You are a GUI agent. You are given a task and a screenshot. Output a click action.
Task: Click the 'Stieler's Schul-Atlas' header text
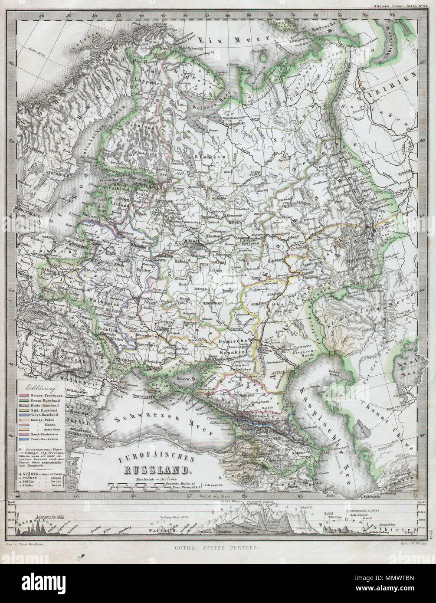393,7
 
